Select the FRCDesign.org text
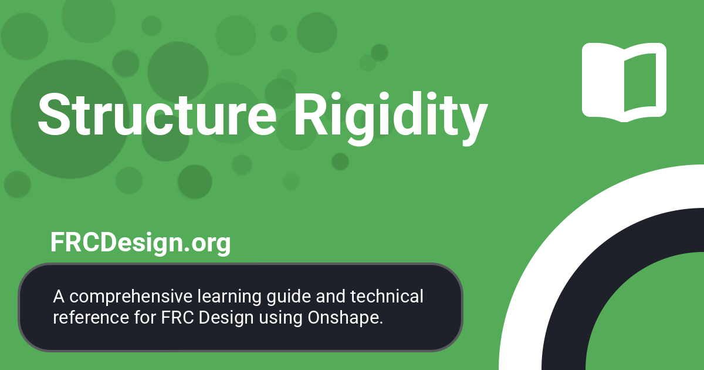pos(140,243)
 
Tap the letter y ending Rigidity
pos(473,120)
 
